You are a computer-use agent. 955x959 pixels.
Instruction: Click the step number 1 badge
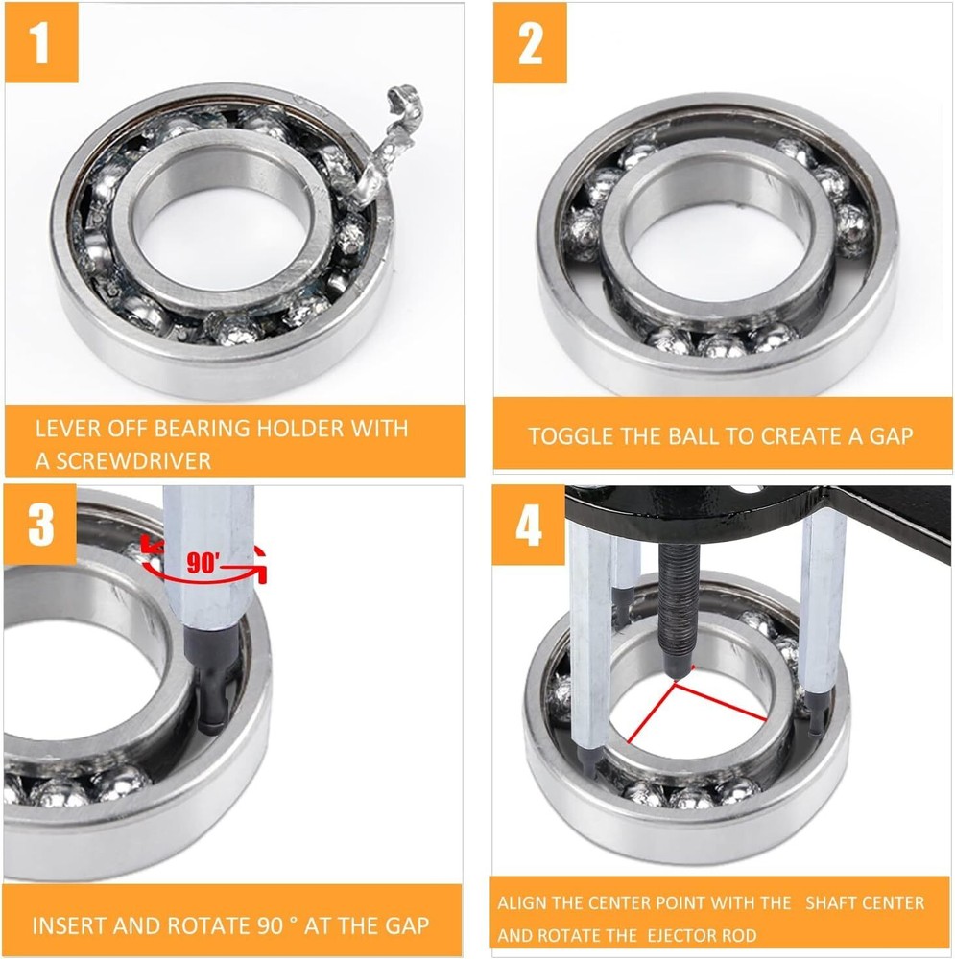coord(41,44)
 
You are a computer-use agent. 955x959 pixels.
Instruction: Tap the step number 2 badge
coord(530,44)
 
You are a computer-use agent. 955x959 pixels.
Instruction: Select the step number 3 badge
coord(40,526)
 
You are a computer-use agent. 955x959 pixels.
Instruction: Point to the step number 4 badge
coord(529,526)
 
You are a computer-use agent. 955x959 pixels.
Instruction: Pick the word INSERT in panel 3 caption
coord(68,926)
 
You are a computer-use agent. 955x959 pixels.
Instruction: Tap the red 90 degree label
coord(203,564)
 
